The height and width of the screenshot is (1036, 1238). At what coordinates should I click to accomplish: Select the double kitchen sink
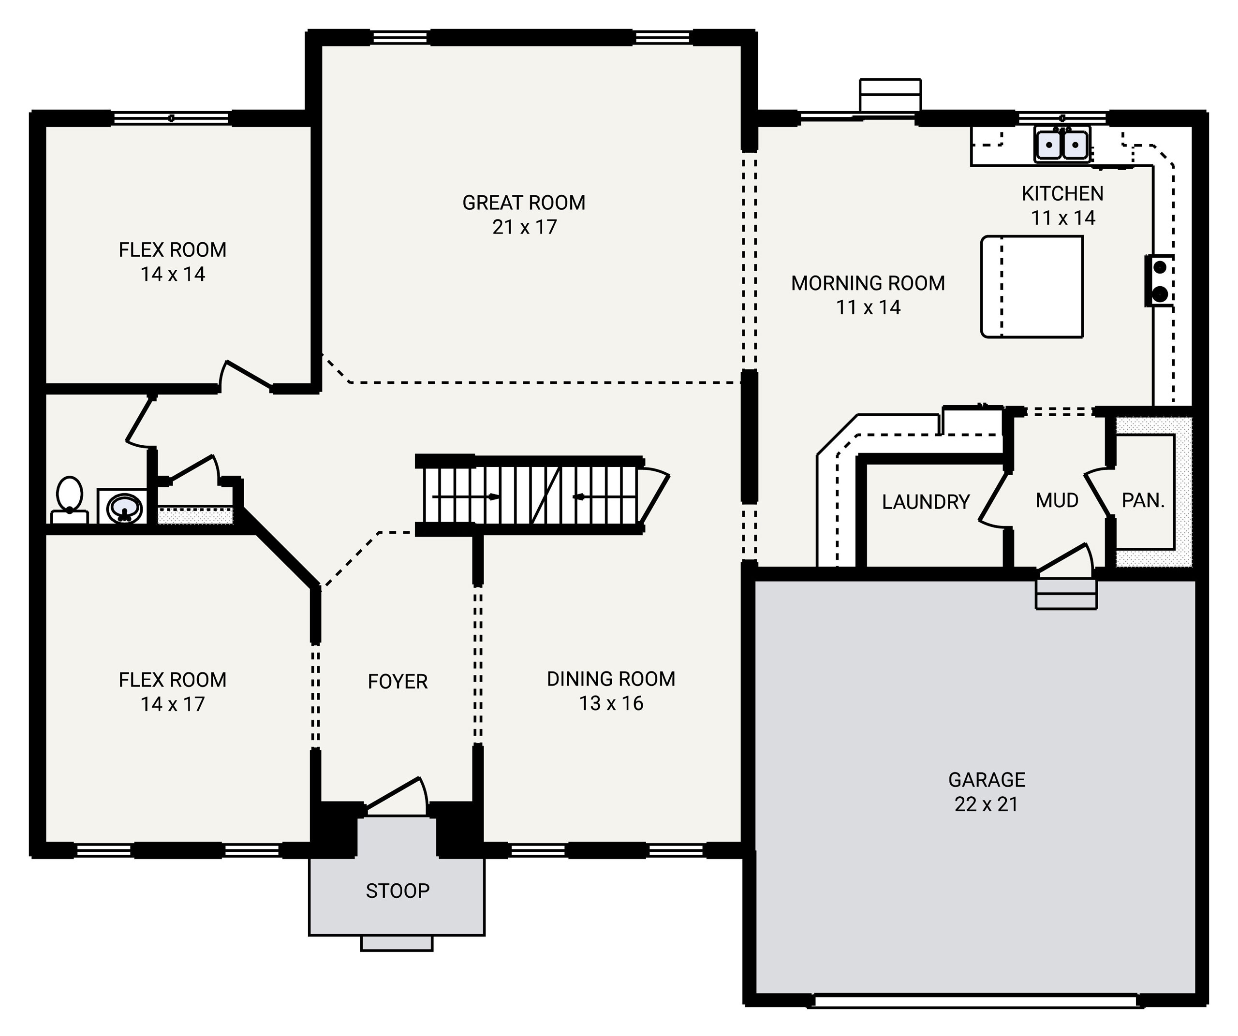1062,144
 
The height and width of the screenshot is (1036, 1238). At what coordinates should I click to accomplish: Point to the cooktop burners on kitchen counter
1159,280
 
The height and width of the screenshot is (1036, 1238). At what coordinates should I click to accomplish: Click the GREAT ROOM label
524,203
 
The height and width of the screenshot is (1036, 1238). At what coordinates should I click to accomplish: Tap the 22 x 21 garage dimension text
986,804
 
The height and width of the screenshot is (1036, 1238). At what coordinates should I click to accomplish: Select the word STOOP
398,891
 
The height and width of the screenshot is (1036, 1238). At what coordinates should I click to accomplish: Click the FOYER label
398,682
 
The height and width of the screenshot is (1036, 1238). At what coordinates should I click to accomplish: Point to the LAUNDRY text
926,502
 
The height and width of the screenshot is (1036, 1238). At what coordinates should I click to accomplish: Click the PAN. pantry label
1143,500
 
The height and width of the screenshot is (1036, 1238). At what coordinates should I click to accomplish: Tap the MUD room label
1057,500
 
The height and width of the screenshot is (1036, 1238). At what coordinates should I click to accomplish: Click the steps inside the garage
1066,594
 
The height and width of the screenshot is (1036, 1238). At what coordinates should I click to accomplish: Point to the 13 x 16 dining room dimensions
611,703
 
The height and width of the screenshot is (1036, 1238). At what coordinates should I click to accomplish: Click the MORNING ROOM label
868,283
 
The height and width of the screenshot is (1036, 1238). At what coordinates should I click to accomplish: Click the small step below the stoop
397,944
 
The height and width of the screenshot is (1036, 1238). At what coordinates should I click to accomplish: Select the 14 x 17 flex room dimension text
172,704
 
